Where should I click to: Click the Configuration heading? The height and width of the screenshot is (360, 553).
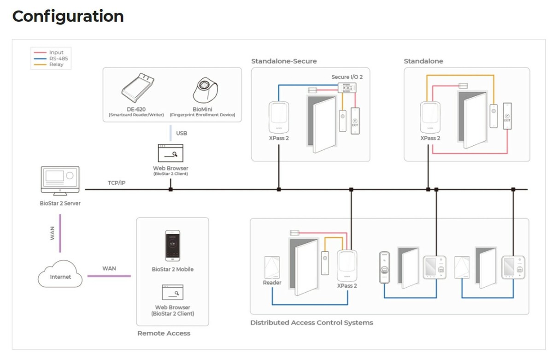[68, 16]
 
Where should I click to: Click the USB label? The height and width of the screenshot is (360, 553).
[182, 133]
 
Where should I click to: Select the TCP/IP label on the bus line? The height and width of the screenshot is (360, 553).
[117, 183]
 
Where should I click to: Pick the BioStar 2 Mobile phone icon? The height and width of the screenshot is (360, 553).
[172, 246]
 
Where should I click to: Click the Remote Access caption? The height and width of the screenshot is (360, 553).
[164, 333]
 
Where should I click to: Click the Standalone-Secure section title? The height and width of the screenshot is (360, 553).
[284, 61]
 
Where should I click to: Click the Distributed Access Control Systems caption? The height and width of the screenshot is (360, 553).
[312, 323]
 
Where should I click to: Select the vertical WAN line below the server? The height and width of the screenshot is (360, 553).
[60, 233]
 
